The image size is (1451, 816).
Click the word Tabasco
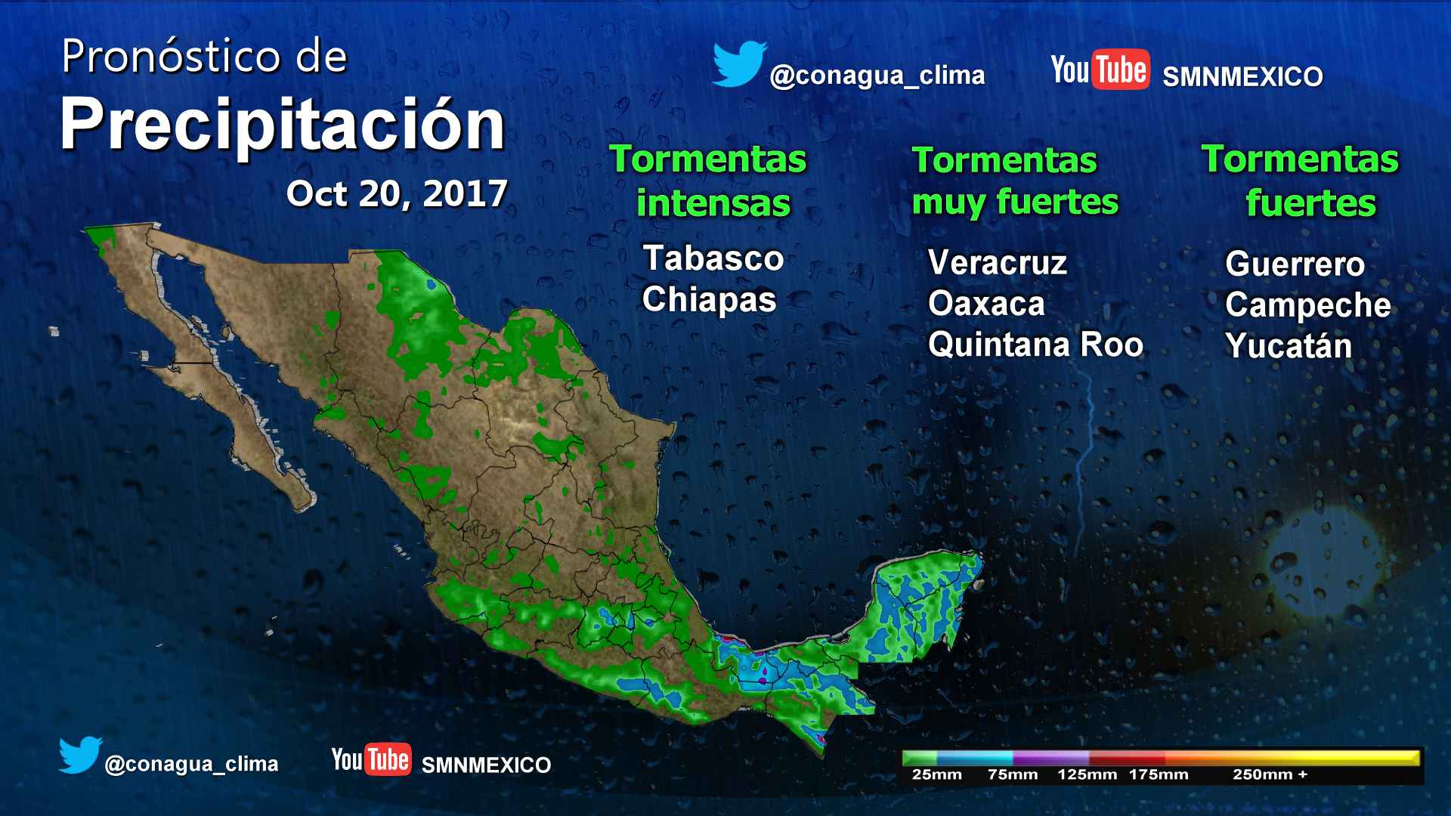click(x=713, y=258)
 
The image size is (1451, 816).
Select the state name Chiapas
click(x=709, y=300)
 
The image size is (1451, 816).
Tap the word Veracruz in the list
click(x=997, y=263)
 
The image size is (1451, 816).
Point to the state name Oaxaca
click(x=986, y=304)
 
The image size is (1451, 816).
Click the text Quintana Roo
click(x=1035, y=345)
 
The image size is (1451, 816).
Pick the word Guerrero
click(x=1295, y=264)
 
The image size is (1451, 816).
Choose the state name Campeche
click(x=1307, y=305)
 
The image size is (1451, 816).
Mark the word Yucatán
click(x=1288, y=346)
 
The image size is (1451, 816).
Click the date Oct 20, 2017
click(x=397, y=194)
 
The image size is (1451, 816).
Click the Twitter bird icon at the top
click(x=739, y=64)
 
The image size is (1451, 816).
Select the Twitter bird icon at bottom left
click(x=80, y=755)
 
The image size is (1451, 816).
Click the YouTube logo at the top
click(x=1100, y=70)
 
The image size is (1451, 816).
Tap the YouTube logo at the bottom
click(x=371, y=759)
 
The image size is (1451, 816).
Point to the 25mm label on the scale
click(x=936, y=774)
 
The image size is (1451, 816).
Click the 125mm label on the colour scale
click(x=1087, y=774)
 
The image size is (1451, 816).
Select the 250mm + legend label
click(x=1270, y=774)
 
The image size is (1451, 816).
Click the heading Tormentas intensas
click(x=709, y=181)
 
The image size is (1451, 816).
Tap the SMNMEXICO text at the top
click(x=1242, y=77)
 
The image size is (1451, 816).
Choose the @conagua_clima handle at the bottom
click(x=191, y=765)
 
